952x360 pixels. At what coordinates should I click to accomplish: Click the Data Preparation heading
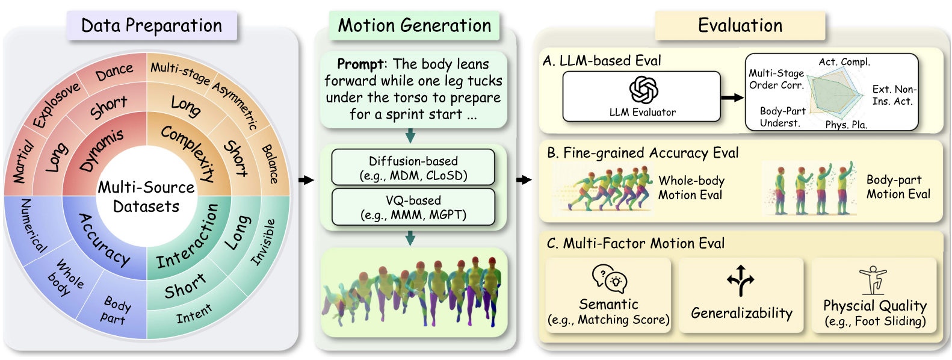pos(152,26)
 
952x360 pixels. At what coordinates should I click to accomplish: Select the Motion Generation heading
pos(415,26)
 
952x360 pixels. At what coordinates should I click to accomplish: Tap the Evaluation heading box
pos(740,26)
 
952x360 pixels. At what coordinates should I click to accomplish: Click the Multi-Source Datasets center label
pos(146,197)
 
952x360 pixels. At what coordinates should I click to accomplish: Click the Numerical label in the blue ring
pos(33,225)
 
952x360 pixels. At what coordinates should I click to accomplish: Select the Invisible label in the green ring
pos(263,241)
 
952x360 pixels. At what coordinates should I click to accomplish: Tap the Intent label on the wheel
pos(194,314)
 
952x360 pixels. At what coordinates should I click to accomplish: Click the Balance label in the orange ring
pos(270,164)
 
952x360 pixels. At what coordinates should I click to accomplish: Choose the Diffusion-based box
pos(413,168)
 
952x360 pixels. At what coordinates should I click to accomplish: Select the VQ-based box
pos(413,207)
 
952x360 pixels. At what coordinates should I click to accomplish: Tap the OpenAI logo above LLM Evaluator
pos(643,90)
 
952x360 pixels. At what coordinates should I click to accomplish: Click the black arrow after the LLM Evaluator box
pos(732,98)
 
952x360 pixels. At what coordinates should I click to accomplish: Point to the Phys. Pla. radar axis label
pos(845,125)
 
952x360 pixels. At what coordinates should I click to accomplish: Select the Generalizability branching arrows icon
pos(741,281)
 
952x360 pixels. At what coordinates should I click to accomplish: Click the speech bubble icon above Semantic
pos(609,278)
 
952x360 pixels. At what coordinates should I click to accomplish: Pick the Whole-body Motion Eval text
pos(691,187)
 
